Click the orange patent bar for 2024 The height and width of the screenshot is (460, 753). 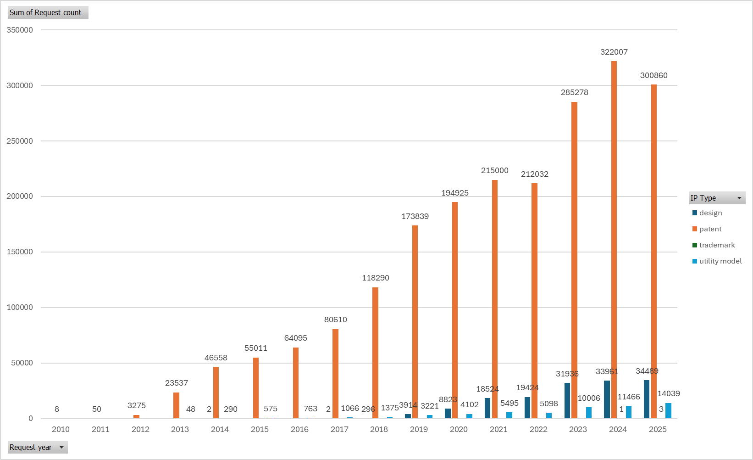tap(614, 240)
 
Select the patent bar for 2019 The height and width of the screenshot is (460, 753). tap(415, 322)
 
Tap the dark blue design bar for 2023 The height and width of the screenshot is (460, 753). tap(567, 400)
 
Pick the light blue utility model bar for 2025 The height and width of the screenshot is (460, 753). tap(668, 410)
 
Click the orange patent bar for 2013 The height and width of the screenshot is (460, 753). tap(176, 405)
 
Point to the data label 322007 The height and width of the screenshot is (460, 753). tap(614, 52)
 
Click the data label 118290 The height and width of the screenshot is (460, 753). tap(376, 278)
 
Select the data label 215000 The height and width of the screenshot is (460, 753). tap(494, 170)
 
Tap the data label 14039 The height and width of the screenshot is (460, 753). tap(669, 393)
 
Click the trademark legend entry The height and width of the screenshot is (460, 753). tap(714, 245)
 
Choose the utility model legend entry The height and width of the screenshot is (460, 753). tap(717, 261)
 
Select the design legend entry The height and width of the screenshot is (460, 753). tap(707, 213)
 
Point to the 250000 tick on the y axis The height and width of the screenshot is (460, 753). tap(20, 141)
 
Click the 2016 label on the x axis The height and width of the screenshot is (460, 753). tap(299, 429)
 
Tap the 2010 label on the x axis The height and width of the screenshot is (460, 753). tap(61, 429)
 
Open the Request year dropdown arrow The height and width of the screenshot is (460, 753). tap(61, 447)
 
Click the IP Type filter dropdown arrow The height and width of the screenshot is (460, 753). tap(739, 198)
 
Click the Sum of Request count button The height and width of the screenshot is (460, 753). tap(48, 12)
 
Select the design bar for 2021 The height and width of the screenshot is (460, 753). tap(487, 408)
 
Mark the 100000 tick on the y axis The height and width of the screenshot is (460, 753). tap(20, 307)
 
